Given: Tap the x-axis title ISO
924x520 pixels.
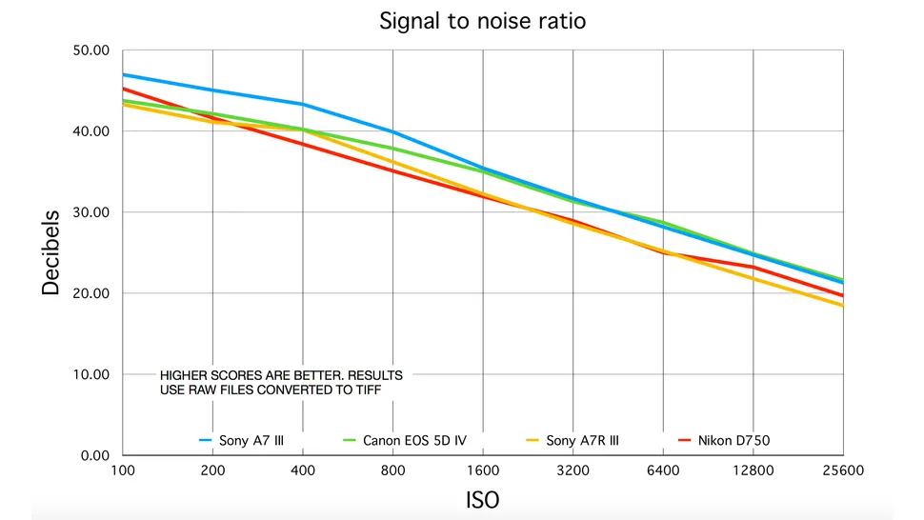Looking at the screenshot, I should coord(482,499).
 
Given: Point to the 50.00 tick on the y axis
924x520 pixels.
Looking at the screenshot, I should coord(93,50).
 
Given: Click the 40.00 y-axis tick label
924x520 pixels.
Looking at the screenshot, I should coord(93,131).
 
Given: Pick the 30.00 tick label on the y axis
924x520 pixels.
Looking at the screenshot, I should coord(93,212).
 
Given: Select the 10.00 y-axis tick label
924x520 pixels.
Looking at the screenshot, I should coord(93,374).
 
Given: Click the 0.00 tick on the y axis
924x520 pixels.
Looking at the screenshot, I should coord(97,455).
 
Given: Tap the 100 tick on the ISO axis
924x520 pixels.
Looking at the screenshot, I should coord(123,470).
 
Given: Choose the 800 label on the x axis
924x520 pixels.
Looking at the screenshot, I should coord(392,470).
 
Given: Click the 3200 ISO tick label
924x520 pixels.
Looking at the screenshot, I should coord(572,470).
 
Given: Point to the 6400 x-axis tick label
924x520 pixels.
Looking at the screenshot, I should coord(663,470).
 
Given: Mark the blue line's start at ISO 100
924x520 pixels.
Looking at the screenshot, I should coord(124,74).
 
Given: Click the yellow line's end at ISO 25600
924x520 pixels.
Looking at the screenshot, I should coord(842,305).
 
